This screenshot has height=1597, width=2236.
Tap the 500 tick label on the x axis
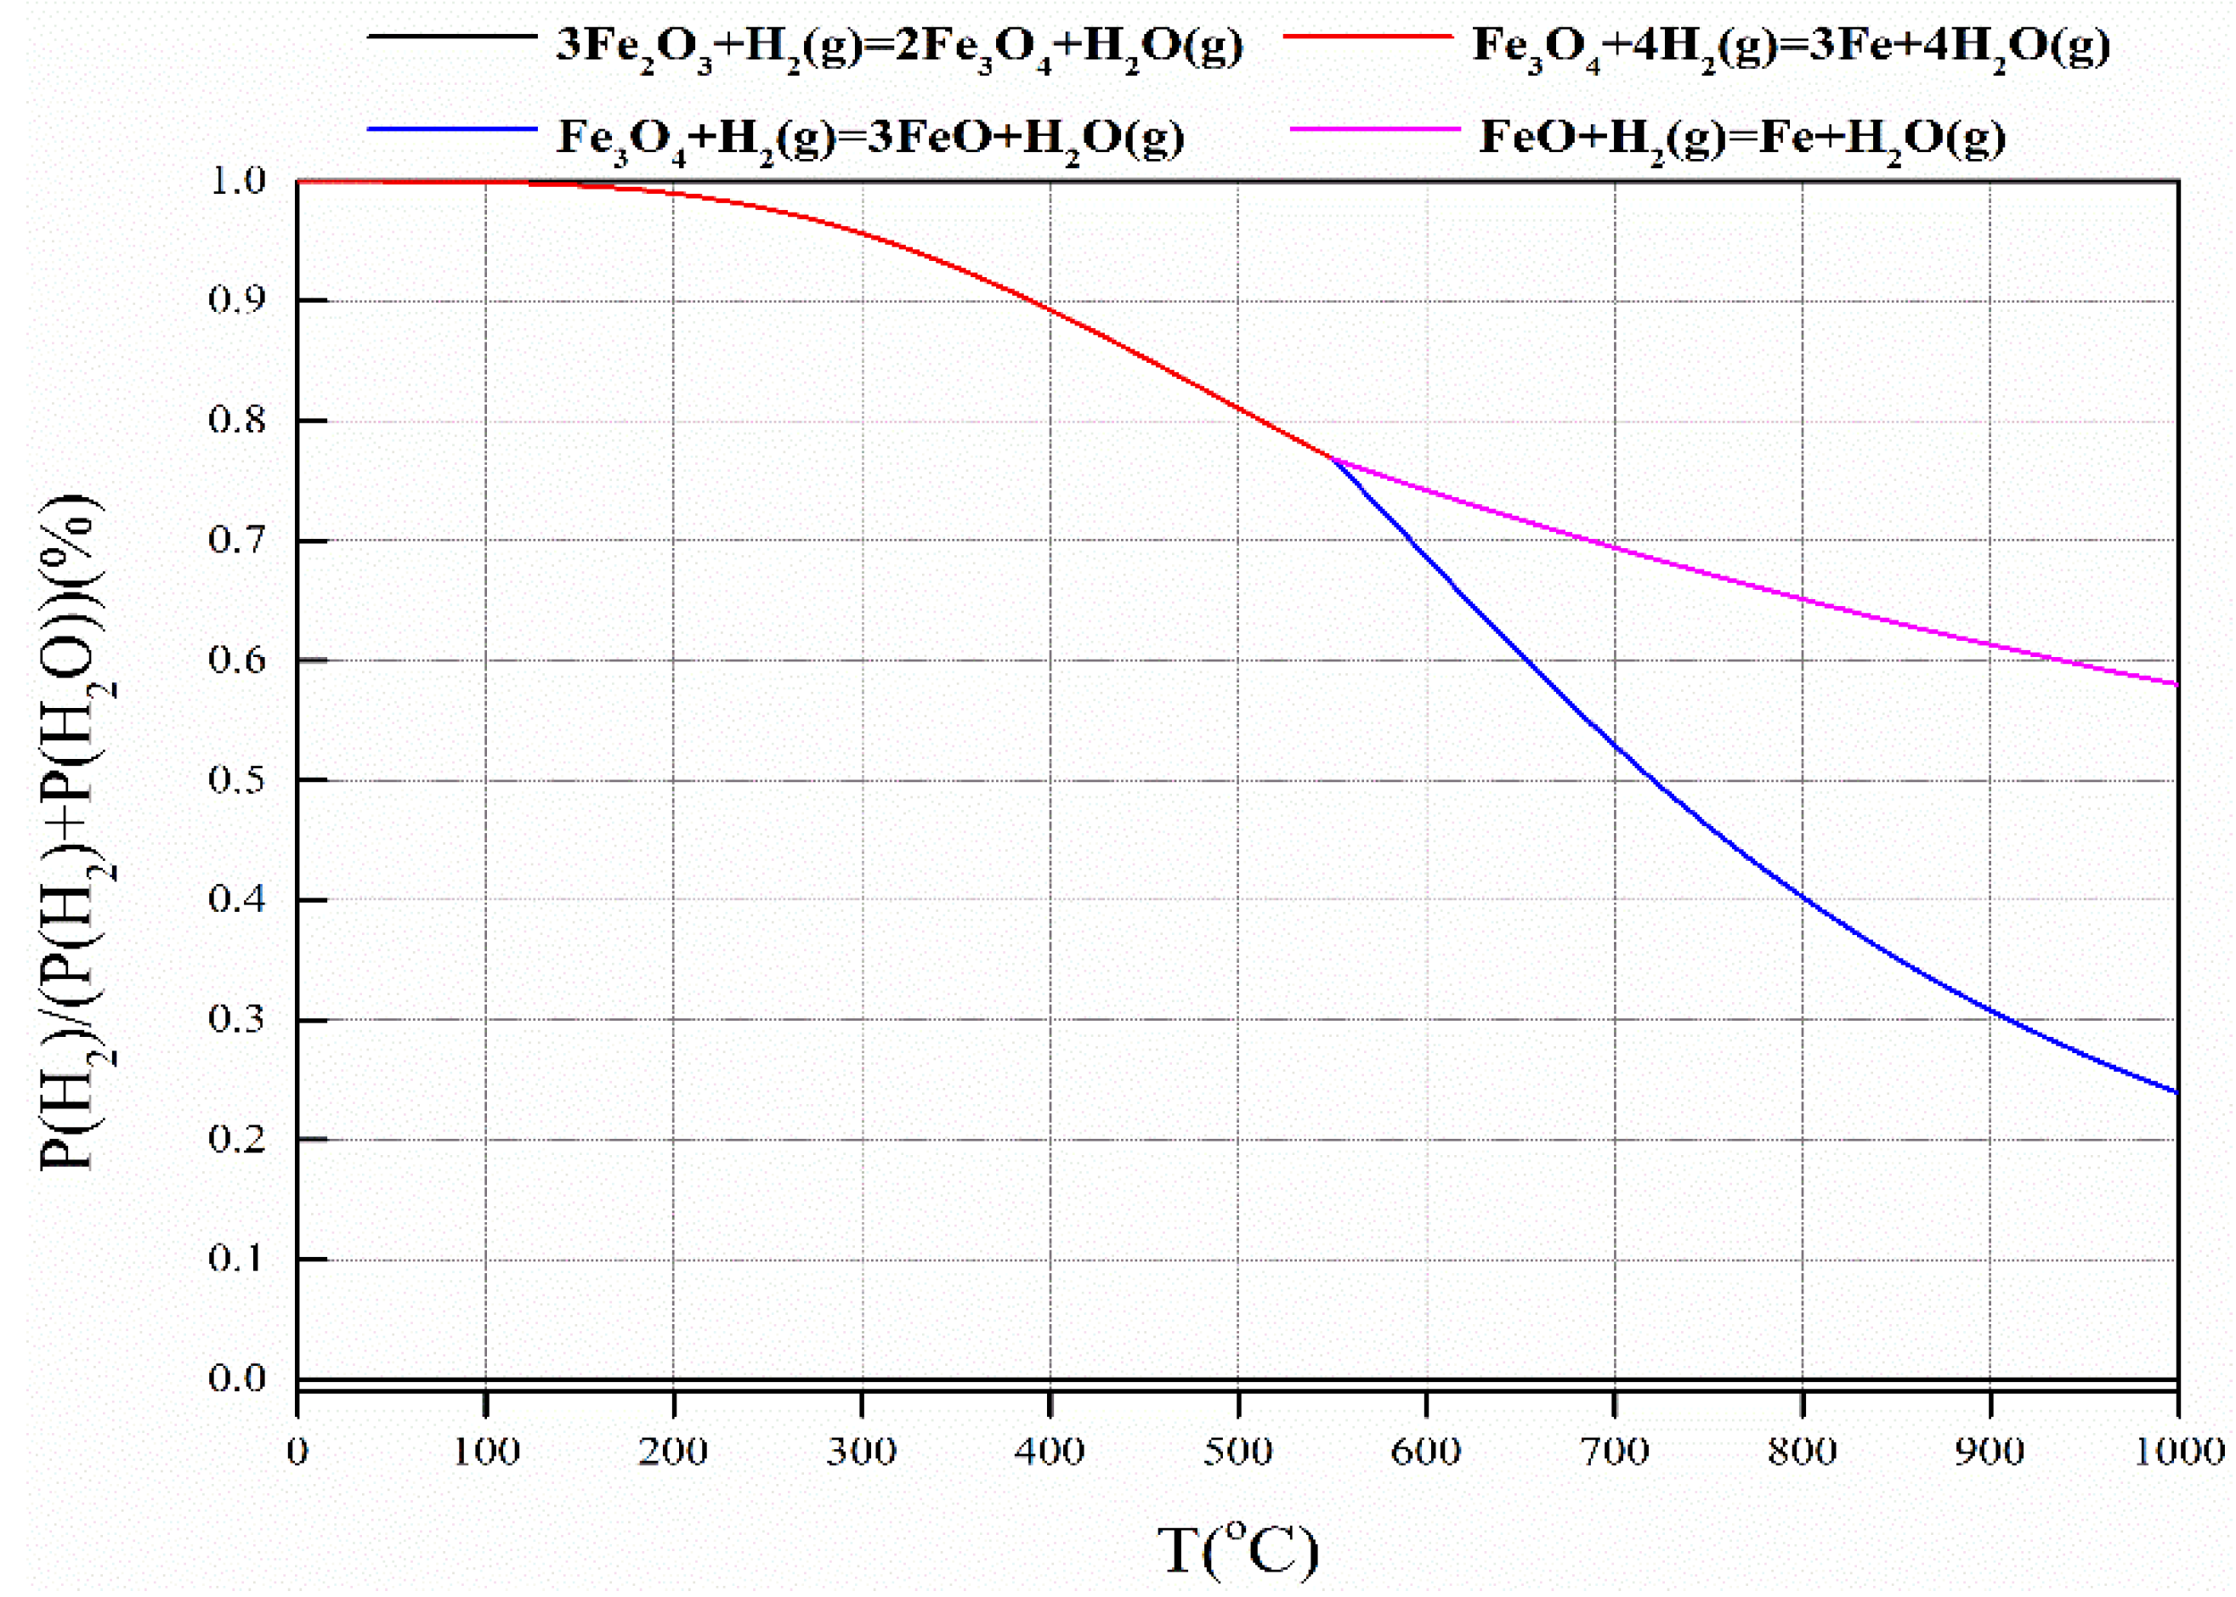1238,1451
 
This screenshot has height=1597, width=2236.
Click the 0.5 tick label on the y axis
237,780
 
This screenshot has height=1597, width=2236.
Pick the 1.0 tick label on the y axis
237,181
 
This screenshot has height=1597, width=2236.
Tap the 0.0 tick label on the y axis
237,1378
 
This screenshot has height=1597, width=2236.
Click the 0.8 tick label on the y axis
237,421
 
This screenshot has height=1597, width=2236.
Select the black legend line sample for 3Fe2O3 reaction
451,37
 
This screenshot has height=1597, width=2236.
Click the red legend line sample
1367,37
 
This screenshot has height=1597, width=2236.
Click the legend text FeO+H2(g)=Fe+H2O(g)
1741,138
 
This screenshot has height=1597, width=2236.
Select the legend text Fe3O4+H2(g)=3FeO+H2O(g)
870,138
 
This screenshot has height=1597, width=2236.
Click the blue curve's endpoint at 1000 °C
2177,1091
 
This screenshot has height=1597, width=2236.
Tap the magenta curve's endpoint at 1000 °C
2177,683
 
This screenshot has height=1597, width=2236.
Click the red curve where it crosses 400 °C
1050,311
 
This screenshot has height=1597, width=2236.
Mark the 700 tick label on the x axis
1615,1451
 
